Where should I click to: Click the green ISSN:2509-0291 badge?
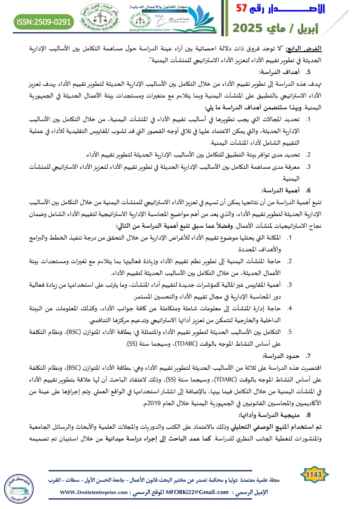[x=44, y=21]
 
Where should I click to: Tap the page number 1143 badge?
[x=314, y=475]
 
